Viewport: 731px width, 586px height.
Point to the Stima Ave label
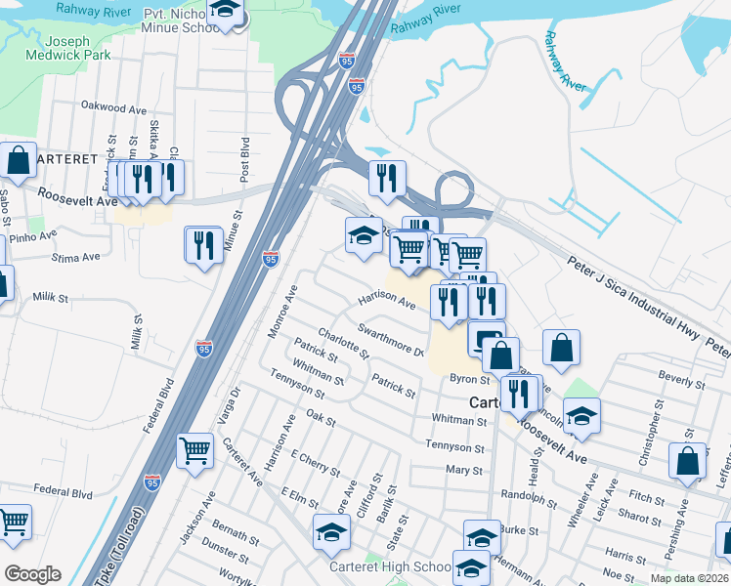77,258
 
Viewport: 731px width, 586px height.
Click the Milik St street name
50,297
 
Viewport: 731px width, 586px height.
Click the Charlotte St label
343,342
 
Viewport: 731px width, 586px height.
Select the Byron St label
468,378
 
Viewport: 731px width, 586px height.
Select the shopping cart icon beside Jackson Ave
194,450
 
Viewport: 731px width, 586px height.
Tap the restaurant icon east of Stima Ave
202,243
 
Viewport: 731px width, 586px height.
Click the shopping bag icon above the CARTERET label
18,161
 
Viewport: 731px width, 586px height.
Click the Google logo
32,574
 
